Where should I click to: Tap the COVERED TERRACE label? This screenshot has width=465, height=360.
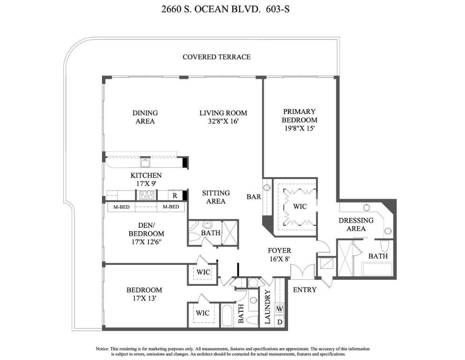click(x=216, y=57)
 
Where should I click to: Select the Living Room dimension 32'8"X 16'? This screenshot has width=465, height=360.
click(x=223, y=121)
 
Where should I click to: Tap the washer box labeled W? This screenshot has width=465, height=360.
click(x=280, y=309)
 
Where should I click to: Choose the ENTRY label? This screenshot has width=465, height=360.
click(x=304, y=290)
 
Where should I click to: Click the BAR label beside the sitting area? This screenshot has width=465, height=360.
click(x=254, y=197)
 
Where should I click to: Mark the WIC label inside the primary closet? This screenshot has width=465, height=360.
click(x=300, y=206)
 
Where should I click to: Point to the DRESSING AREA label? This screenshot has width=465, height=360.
click(x=356, y=225)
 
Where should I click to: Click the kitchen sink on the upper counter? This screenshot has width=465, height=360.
click(x=145, y=163)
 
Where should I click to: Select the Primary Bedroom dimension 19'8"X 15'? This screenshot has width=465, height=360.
click(x=300, y=128)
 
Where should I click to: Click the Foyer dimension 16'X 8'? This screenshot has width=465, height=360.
click(x=280, y=259)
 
